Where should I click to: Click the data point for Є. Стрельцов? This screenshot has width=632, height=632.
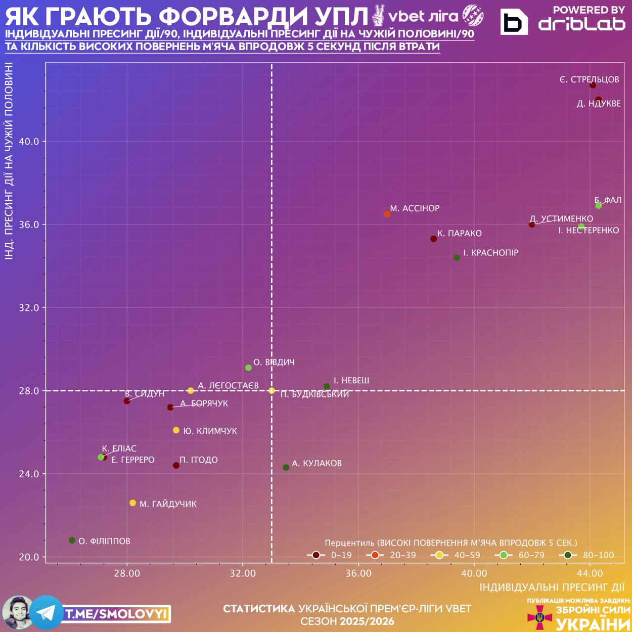pyautogui.click(x=593, y=85)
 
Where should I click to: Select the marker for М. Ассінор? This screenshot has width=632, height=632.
pyautogui.click(x=387, y=214)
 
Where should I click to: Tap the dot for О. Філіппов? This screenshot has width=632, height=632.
pyautogui.click(x=72, y=540)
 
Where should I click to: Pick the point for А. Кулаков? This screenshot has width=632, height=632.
pyautogui.click(x=286, y=468)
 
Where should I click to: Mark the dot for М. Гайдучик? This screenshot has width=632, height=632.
pyautogui.click(x=132, y=503)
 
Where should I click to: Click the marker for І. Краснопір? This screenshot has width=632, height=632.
pyautogui.click(x=457, y=257)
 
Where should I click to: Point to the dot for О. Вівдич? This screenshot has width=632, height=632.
pyautogui.click(x=248, y=368)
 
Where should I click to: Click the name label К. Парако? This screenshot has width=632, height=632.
pyautogui.click(x=460, y=234)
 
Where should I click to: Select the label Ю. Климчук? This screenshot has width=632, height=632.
pyautogui.click(x=210, y=431)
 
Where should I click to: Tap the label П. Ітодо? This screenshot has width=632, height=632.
pyautogui.click(x=199, y=460)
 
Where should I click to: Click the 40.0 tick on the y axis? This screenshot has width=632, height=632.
pyautogui.click(x=29, y=142)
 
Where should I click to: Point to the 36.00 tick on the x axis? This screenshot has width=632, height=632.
pyautogui.click(x=358, y=573)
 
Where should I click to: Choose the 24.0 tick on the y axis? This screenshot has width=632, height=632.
pyautogui.click(x=29, y=474)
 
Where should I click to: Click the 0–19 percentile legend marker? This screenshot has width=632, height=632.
pyautogui.click(x=316, y=555)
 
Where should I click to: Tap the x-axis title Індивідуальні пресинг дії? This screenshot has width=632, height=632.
pyautogui.click(x=552, y=588)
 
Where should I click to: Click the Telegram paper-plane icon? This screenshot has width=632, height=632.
pyautogui.click(x=47, y=613)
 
